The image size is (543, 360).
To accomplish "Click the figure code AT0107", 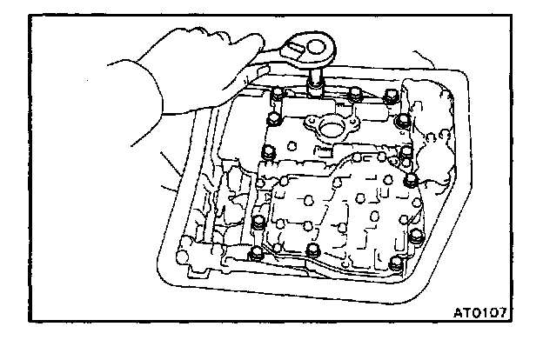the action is pos(479,310).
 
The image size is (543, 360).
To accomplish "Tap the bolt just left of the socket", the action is pos(277,94).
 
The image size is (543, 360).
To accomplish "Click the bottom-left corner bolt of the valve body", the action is pos(255,254).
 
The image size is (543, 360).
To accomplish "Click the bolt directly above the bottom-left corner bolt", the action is pos(258,223).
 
